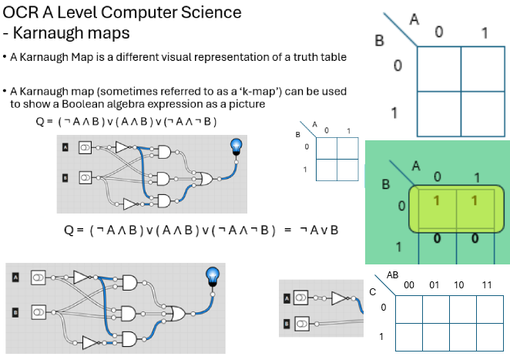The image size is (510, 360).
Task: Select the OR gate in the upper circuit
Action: (206, 180)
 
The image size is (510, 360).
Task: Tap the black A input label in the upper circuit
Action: (65, 147)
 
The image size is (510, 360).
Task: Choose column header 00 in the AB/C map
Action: (409, 285)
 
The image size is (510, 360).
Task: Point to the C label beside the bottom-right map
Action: (373, 292)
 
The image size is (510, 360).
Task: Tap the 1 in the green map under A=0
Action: (436, 201)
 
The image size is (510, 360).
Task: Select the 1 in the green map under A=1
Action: (473, 201)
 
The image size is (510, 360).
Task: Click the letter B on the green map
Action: (387, 185)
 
